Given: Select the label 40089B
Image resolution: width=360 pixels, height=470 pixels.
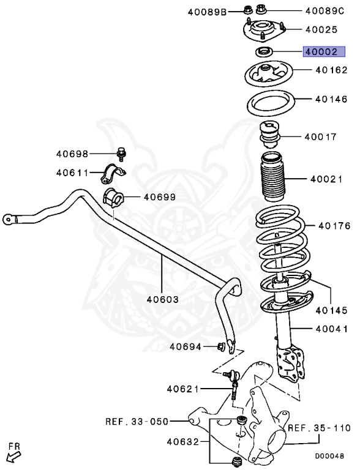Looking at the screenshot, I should [x=208, y=10].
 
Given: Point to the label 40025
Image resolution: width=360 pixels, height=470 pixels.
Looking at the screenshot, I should [x=321, y=28].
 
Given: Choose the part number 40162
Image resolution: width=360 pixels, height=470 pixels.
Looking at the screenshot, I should [x=332, y=71].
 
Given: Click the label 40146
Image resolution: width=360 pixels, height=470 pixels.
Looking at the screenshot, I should [x=332, y=98].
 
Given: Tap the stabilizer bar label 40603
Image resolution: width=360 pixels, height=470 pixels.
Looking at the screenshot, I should [x=162, y=299].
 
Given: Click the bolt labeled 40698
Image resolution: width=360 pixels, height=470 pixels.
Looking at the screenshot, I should [x=121, y=154].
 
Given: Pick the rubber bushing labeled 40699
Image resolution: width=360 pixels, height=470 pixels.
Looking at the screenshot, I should [x=113, y=198].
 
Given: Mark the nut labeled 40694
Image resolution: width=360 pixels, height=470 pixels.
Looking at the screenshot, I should [x=219, y=347].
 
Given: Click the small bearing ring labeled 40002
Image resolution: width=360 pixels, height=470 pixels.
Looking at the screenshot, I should [x=262, y=51].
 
